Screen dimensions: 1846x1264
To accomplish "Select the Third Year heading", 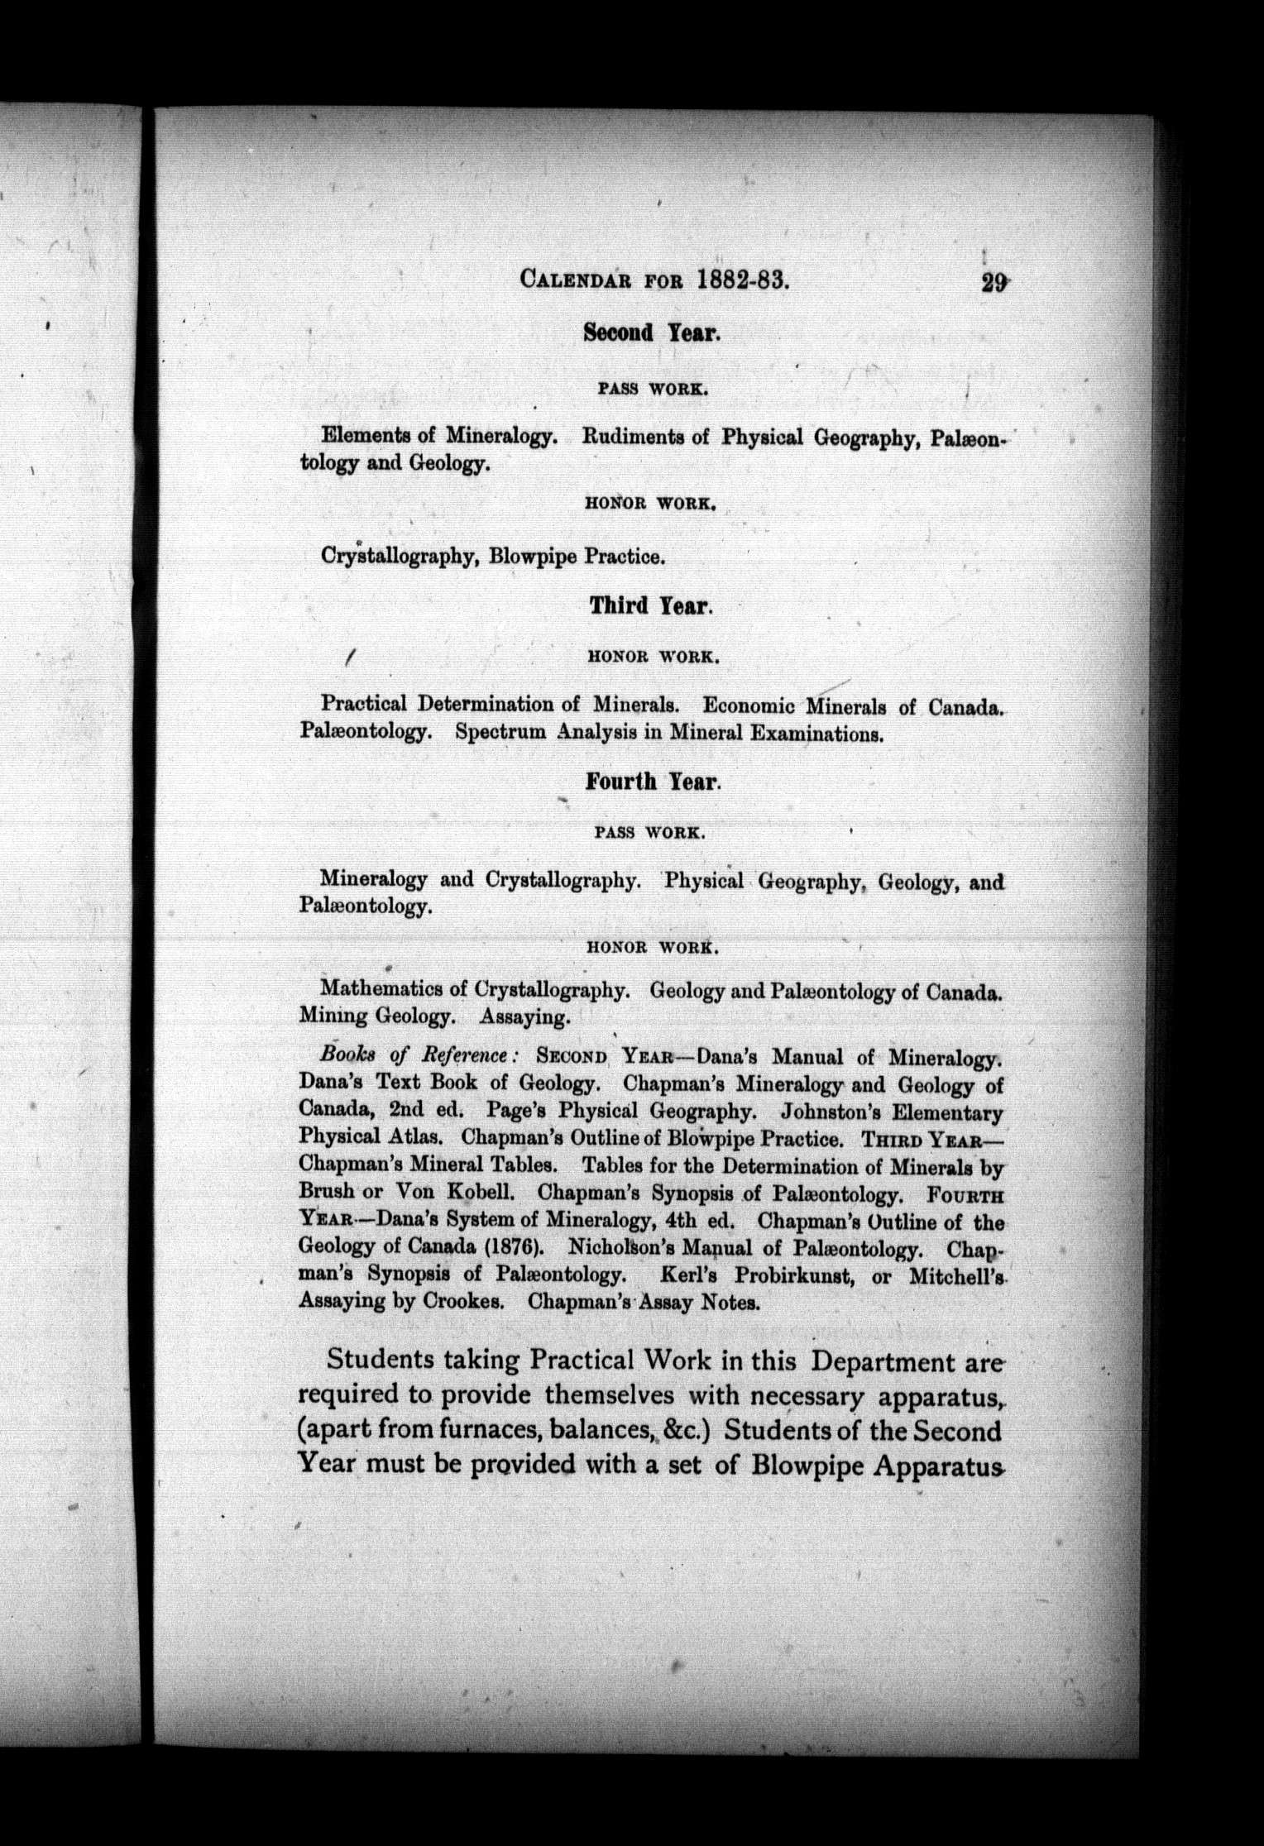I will click(x=650, y=606).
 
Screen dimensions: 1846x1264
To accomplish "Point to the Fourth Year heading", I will click(x=653, y=781).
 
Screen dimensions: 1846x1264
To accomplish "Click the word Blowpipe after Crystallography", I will click(x=533, y=557).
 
